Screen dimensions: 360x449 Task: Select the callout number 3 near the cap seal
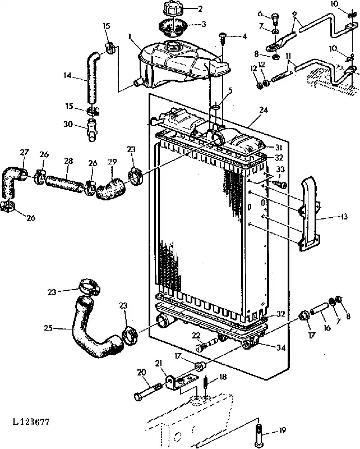coord(204,24)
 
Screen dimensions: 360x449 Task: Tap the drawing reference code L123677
coord(31,421)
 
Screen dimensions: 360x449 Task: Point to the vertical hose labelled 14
coord(93,77)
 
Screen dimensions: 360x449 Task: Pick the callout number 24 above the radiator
coord(264,110)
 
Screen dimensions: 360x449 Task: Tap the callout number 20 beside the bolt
coord(141,372)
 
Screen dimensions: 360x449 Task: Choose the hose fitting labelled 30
coord(91,131)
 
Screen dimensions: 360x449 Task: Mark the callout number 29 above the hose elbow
coord(112,162)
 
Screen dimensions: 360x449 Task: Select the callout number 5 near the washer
coord(230,91)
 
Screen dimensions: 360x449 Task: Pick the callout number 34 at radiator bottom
coord(281,347)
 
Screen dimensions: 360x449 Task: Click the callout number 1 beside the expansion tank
coord(130,36)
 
